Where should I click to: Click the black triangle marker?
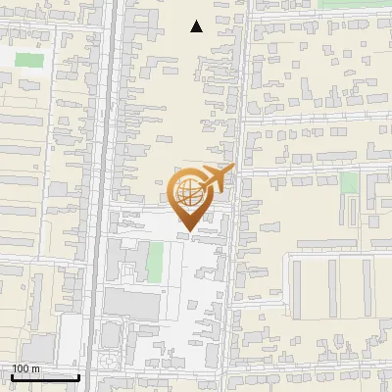click(197, 27)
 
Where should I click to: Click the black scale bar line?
click(45, 377)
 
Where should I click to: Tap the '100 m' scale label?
click(26, 368)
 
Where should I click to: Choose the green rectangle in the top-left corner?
click(29, 59)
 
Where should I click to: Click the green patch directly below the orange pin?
click(155, 261)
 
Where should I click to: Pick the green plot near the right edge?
click(350, 183)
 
